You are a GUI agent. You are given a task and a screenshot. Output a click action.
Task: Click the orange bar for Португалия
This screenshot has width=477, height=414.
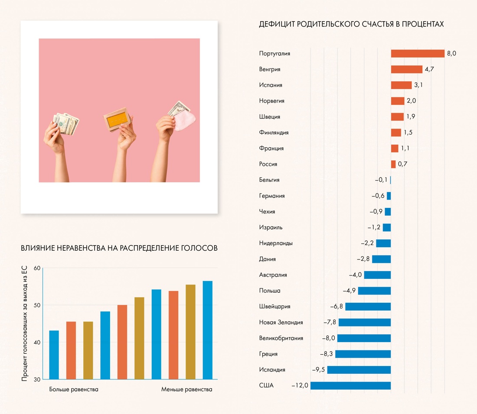point(418,53)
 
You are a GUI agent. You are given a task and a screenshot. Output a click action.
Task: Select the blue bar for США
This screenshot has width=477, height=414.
point(350,385)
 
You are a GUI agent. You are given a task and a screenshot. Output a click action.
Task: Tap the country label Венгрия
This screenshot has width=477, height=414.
point(270,69)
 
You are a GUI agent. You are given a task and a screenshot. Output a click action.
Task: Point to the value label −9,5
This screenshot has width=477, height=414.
point(319,370)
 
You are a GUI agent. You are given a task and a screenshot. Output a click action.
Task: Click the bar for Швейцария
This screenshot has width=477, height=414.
point(368,307)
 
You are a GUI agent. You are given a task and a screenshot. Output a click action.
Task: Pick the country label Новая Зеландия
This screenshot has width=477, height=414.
point(281,322)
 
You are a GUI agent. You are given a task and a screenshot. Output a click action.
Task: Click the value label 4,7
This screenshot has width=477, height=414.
point(429,69)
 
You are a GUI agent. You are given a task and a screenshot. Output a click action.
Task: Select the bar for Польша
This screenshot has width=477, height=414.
point(374,291)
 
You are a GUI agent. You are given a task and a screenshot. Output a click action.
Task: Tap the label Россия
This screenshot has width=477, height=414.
point(268,164)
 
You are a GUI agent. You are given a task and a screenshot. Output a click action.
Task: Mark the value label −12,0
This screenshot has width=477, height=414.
point(300,385)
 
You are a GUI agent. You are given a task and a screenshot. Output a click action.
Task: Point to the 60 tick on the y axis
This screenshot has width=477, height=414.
point(37,268)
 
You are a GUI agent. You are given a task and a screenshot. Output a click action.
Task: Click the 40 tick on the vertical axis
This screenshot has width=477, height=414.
point(37,343)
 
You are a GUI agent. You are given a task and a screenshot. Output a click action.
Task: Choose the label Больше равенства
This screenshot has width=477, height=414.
point(74,389)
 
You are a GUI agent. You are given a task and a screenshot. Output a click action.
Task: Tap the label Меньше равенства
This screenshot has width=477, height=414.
point(187,389)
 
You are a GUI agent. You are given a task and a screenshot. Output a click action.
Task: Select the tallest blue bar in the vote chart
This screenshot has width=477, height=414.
point(208,330)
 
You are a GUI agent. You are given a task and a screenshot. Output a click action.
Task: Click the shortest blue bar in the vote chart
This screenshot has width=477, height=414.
point(54,355)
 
